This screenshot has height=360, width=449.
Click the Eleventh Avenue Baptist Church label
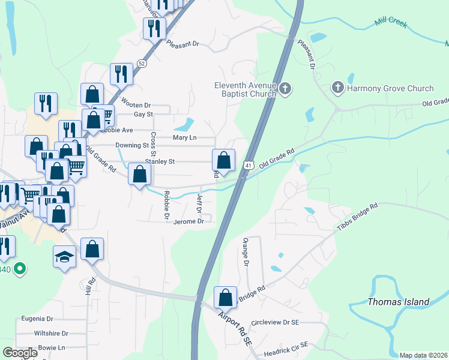(x=245, y=89)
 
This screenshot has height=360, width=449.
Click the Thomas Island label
(x=398, y=302)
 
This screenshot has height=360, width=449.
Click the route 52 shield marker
(x=140, y=62)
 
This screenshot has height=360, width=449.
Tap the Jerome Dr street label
(x=188, y=221)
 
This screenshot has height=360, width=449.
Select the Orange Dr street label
(x=246, y=251)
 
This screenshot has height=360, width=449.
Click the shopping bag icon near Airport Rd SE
(x=225, y=298)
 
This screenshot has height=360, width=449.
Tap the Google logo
(x=20, y=353)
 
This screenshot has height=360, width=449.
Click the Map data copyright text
(x=423, y=355)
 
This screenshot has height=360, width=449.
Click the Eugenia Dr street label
(x=37, y=319)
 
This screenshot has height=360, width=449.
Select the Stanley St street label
(x=159, y=161)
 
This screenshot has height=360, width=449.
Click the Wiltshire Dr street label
(x=51, y=333)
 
